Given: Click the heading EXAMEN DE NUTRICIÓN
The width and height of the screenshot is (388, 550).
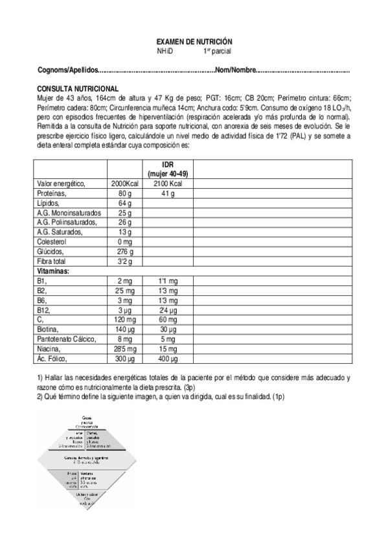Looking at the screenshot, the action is (194, 40).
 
